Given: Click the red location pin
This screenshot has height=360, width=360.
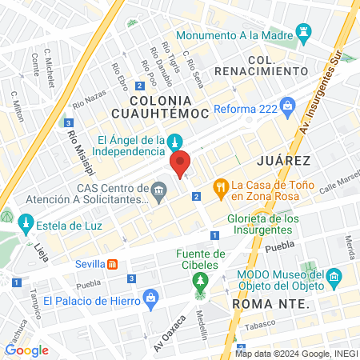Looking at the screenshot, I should (181, 163).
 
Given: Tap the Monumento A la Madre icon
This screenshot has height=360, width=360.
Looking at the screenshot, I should (303, 34).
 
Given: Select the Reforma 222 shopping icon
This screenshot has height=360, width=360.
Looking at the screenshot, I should (289, 105).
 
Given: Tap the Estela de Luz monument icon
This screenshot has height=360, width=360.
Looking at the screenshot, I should (26, 222).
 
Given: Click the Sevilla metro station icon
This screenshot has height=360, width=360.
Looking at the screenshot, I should (114, 263).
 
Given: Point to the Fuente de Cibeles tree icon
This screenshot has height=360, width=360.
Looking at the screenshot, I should (199, 282).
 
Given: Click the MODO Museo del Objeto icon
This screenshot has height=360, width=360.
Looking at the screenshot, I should (336, 279).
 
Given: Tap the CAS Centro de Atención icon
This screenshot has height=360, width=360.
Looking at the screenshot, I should (158, 190).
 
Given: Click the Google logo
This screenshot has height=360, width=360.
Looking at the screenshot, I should (26, 350).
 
